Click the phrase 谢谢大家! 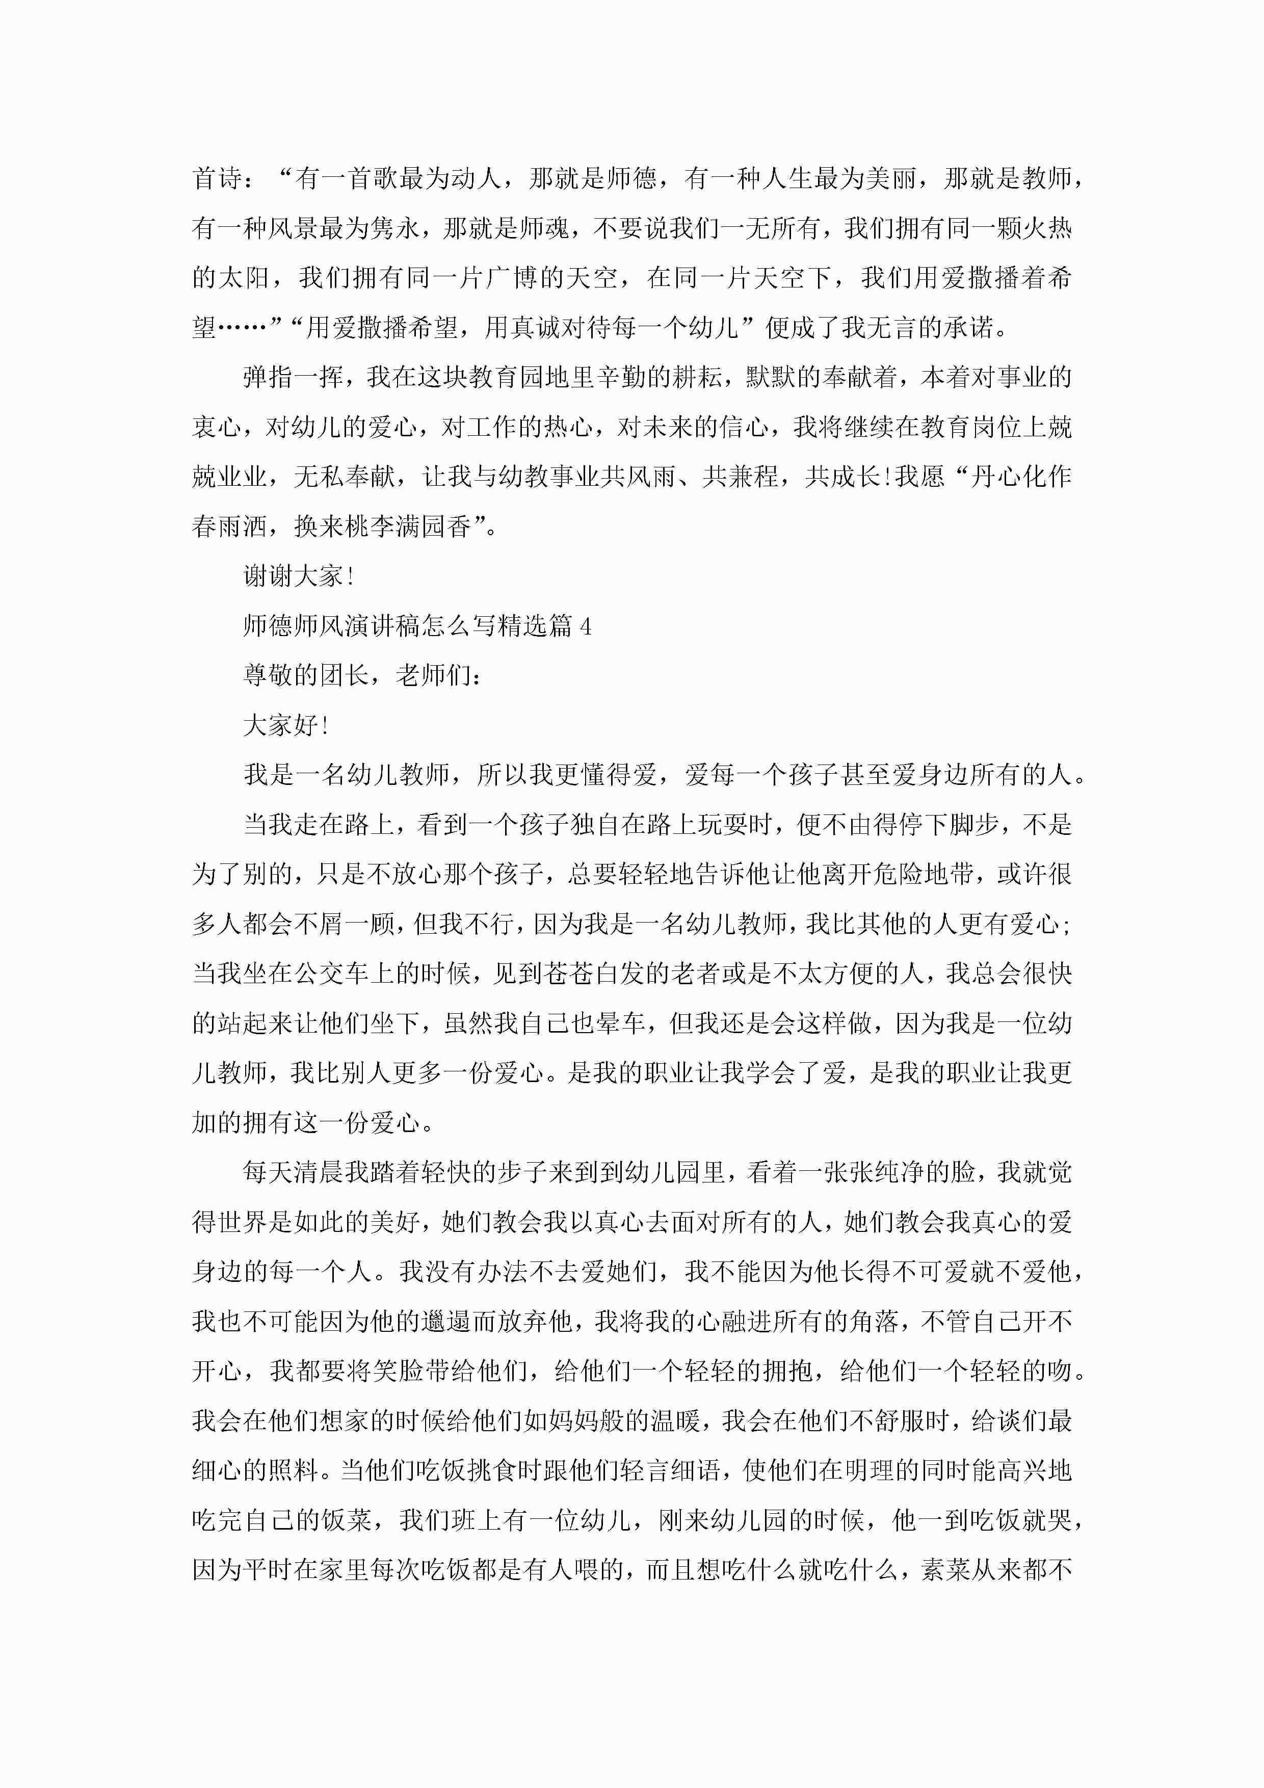tap(299, 576)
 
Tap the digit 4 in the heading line tap(586, 626)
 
